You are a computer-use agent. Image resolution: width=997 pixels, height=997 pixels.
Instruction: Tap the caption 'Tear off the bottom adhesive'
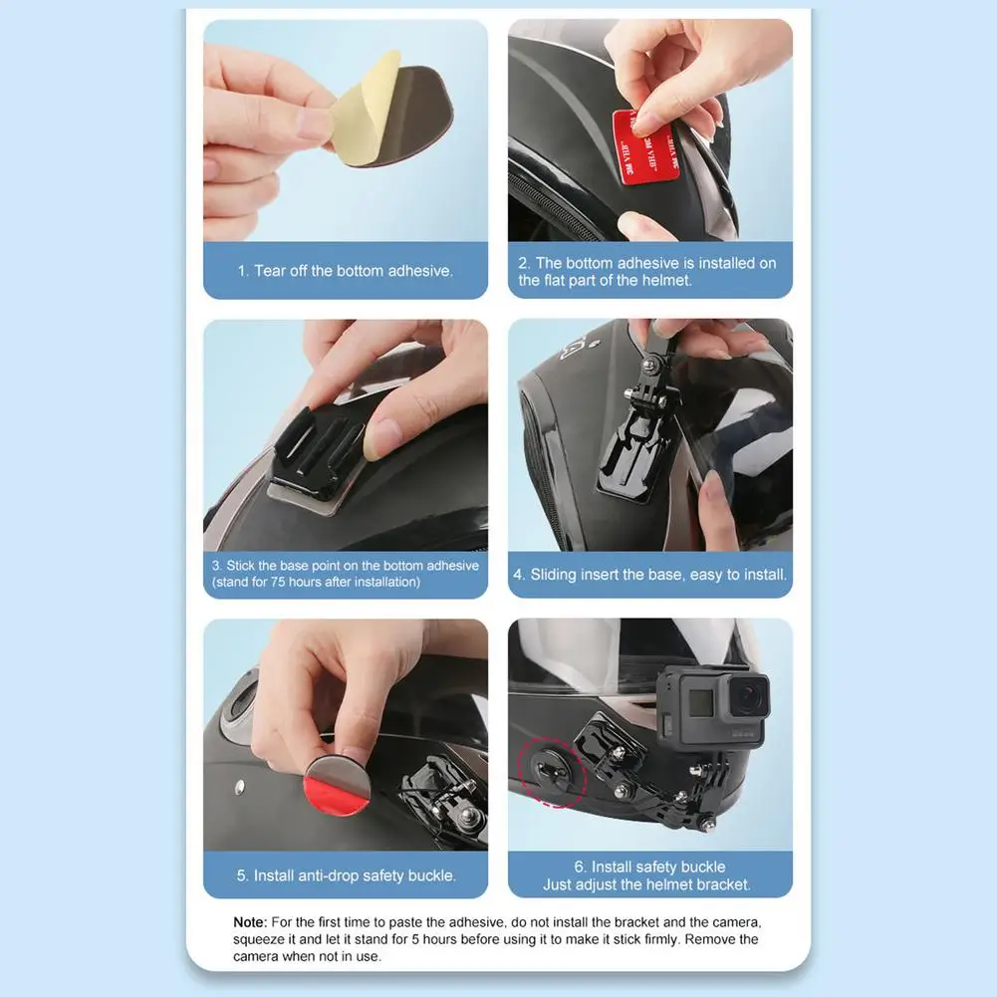[x=346, y=271]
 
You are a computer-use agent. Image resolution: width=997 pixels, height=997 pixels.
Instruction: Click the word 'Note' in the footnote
[x=250, y=923]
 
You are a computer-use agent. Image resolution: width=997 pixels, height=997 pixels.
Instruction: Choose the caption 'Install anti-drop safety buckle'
[x=346, y=875]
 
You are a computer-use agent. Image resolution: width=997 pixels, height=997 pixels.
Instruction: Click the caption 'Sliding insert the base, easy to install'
[x=649, y=575]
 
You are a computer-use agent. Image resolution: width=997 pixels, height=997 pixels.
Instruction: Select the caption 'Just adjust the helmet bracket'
[x=647, y=884]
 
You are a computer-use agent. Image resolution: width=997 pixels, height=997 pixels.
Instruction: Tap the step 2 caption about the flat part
[x=647, y=272]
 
